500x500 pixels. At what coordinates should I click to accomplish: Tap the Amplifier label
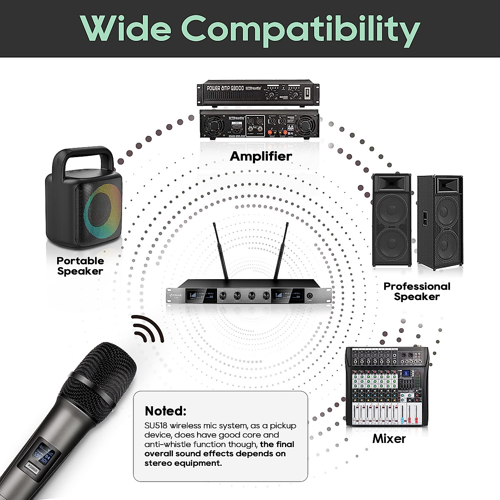pyautogui.click(x=261, y=156)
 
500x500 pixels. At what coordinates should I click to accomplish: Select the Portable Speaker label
pyautogui.click(x=80, y=266)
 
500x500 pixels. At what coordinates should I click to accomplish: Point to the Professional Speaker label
pyautogui.click(x=417, y=291)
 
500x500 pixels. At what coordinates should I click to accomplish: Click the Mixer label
pyautogui.click(x=389, y=438)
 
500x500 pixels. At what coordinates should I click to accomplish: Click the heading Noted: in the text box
pyautogui.click(x=165, y=411)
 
